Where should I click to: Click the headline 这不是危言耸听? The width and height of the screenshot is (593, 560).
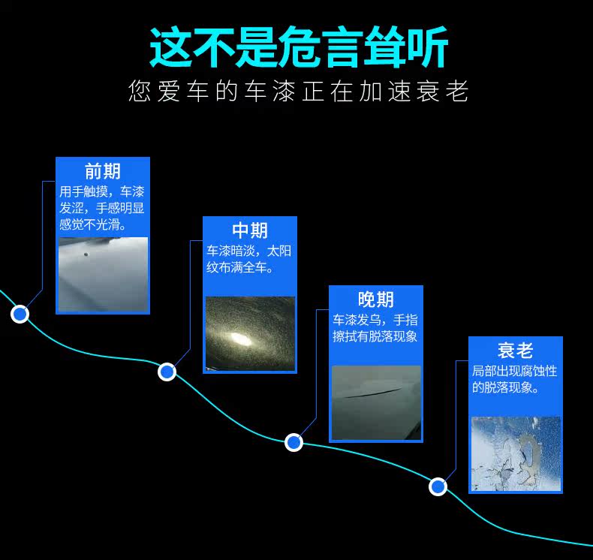(x=299, y=47)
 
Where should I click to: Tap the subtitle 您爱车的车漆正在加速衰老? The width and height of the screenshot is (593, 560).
(x=299, y=91)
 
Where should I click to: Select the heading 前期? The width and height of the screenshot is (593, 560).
(x=103, y=171)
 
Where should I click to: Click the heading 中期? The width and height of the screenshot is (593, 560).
(x=250, y=230)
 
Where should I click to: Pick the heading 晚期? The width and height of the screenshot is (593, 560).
(x=376, y=300)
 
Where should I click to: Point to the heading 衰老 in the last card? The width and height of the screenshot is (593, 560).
(x=515, y=351)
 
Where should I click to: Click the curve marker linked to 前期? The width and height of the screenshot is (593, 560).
(x=20, y=314)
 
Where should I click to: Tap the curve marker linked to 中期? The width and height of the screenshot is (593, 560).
(x=167, y=372)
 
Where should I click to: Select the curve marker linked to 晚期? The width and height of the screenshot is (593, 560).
(x=293, y=442)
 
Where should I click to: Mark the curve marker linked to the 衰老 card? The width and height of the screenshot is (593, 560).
(x=438, y=486)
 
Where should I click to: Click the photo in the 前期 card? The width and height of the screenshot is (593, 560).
(x=104, y=275)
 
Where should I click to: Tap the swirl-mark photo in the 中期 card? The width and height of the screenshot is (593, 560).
(x=250, y=334)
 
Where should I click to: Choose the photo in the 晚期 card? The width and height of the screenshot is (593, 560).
(x=376, y=402)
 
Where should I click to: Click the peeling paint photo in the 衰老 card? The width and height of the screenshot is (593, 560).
(x=516, y=453)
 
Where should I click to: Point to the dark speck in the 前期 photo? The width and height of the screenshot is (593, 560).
(x=86, y=254)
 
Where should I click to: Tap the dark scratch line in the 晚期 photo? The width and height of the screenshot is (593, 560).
(x=372, y=393)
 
